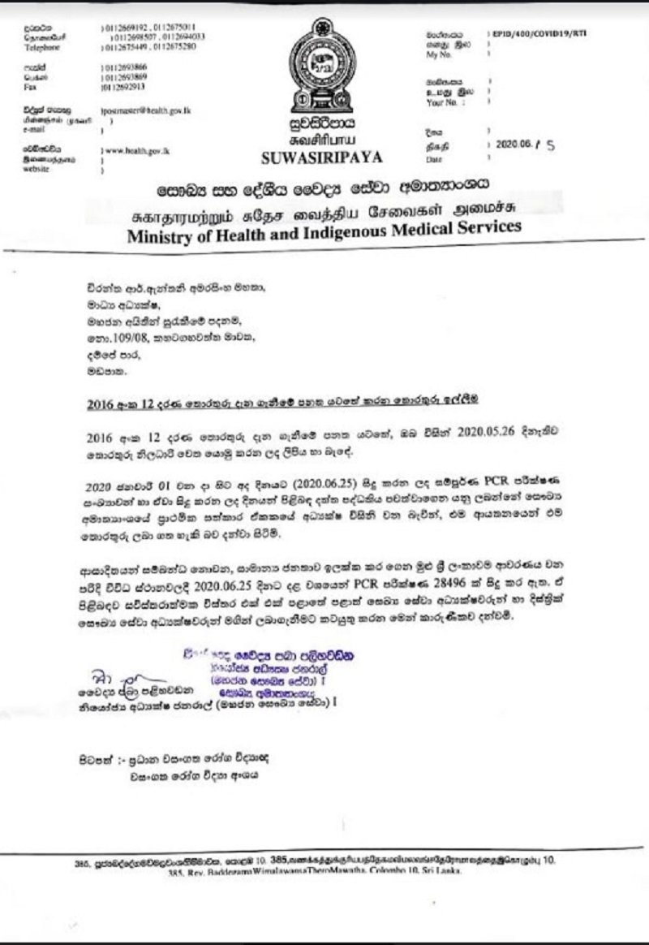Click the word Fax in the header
(30, 84)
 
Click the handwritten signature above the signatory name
(105, 675)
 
